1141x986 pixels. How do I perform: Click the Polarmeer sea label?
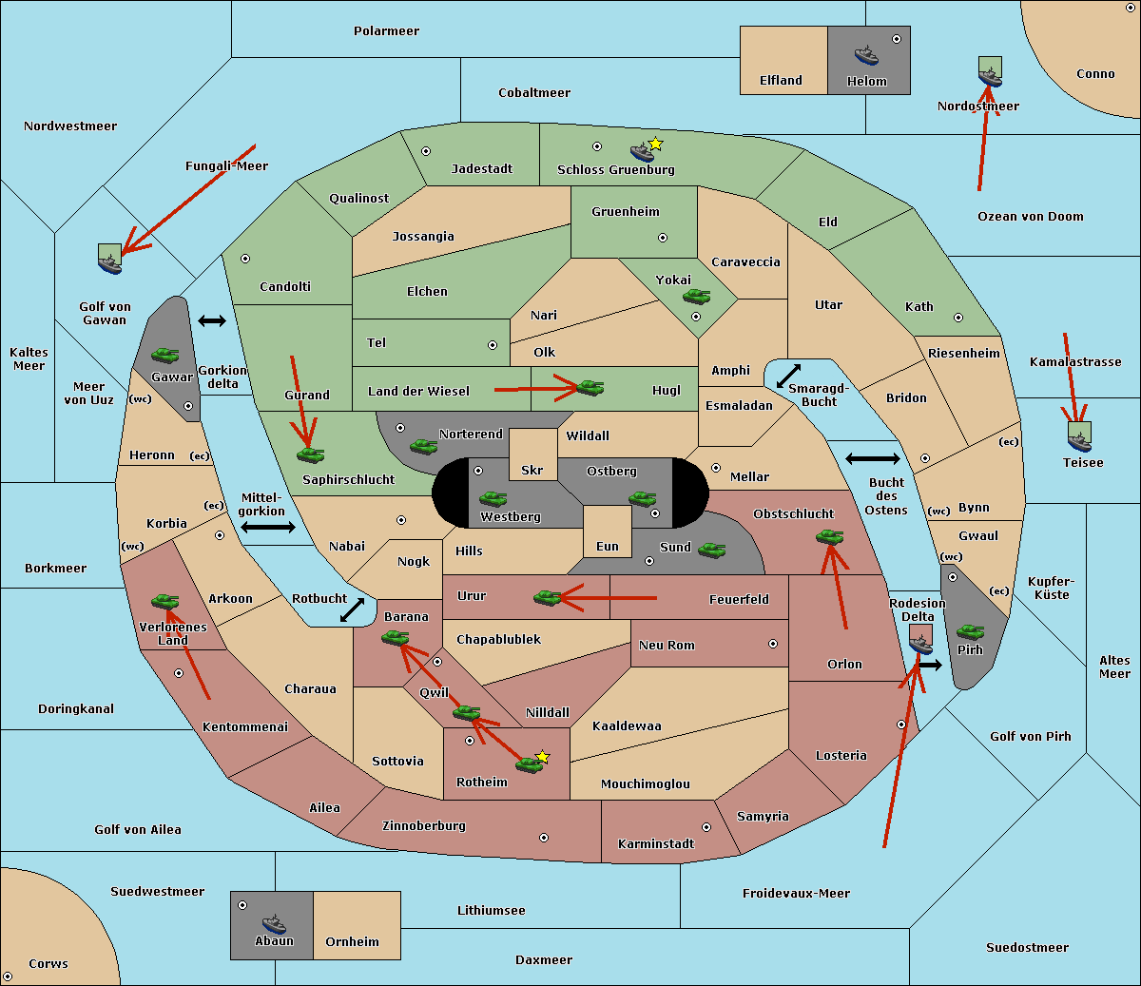click(386, 31)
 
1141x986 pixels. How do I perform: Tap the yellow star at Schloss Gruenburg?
click(655, 144)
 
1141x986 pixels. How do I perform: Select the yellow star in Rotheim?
click(543, 757)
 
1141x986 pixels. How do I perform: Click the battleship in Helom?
click(866, 55)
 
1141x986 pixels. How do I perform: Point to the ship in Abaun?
click(274, 923)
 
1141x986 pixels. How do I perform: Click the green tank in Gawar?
click(164, 355)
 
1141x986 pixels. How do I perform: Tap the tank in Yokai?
click(697, 297)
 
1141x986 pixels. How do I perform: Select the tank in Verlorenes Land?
click(165, 601)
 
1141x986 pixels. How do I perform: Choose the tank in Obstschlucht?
click(829, 537)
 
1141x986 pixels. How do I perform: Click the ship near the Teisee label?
click(1079, 437)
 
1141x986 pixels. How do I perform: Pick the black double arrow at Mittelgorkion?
click(267, 527)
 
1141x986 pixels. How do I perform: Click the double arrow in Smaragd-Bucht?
click(789, 376)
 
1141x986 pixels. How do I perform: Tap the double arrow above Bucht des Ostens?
click(872, 459)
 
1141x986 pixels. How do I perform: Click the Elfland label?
click(781, 81)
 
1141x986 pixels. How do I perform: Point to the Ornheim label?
click(352, 942)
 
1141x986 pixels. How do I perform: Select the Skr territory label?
click(532, 470)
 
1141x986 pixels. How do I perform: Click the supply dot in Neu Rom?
click(773, 644)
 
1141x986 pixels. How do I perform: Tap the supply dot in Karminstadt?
click(706, 827)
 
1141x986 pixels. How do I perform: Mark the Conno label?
click(1095, 74)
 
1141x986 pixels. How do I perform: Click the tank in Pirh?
click(970, 631)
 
